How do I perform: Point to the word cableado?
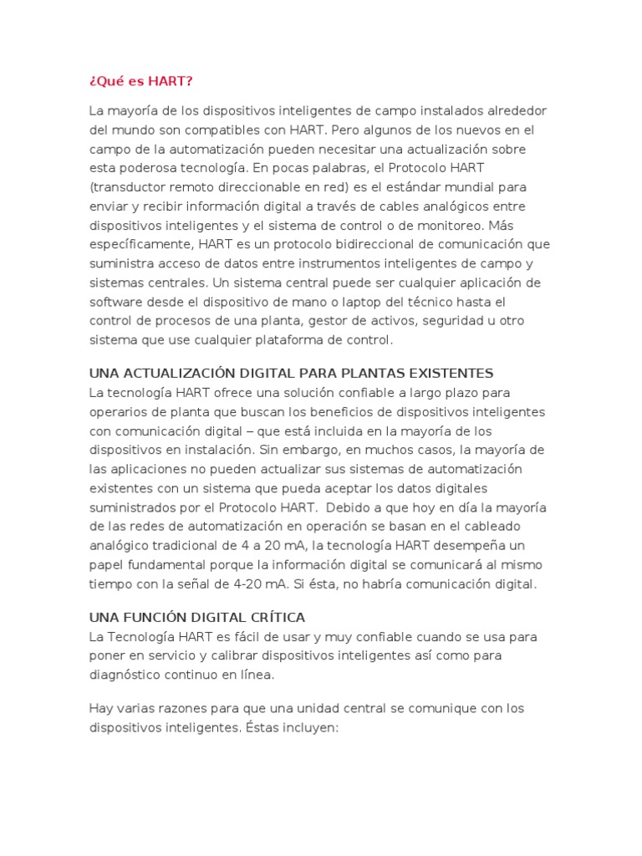[x=491, y=526]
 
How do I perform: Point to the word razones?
[x=190, y=708]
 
